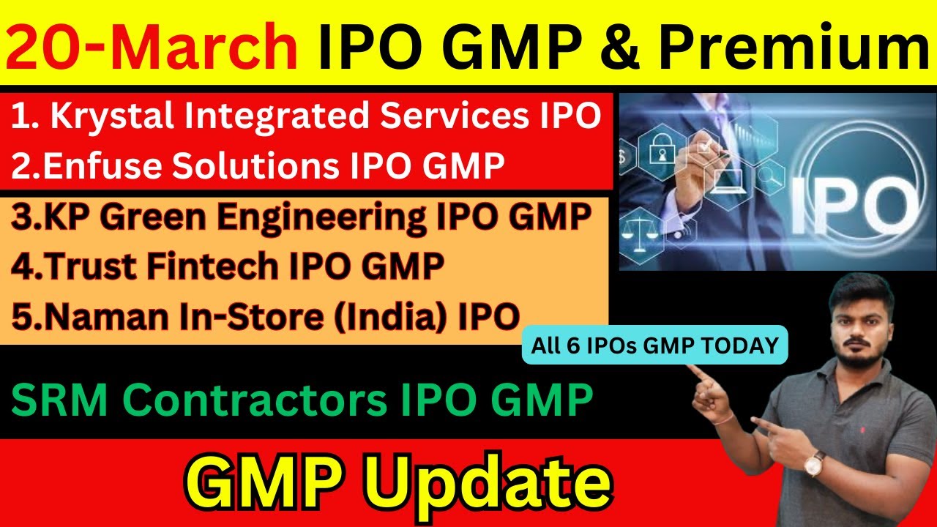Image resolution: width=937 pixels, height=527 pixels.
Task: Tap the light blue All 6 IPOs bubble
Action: pos(654,345)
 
